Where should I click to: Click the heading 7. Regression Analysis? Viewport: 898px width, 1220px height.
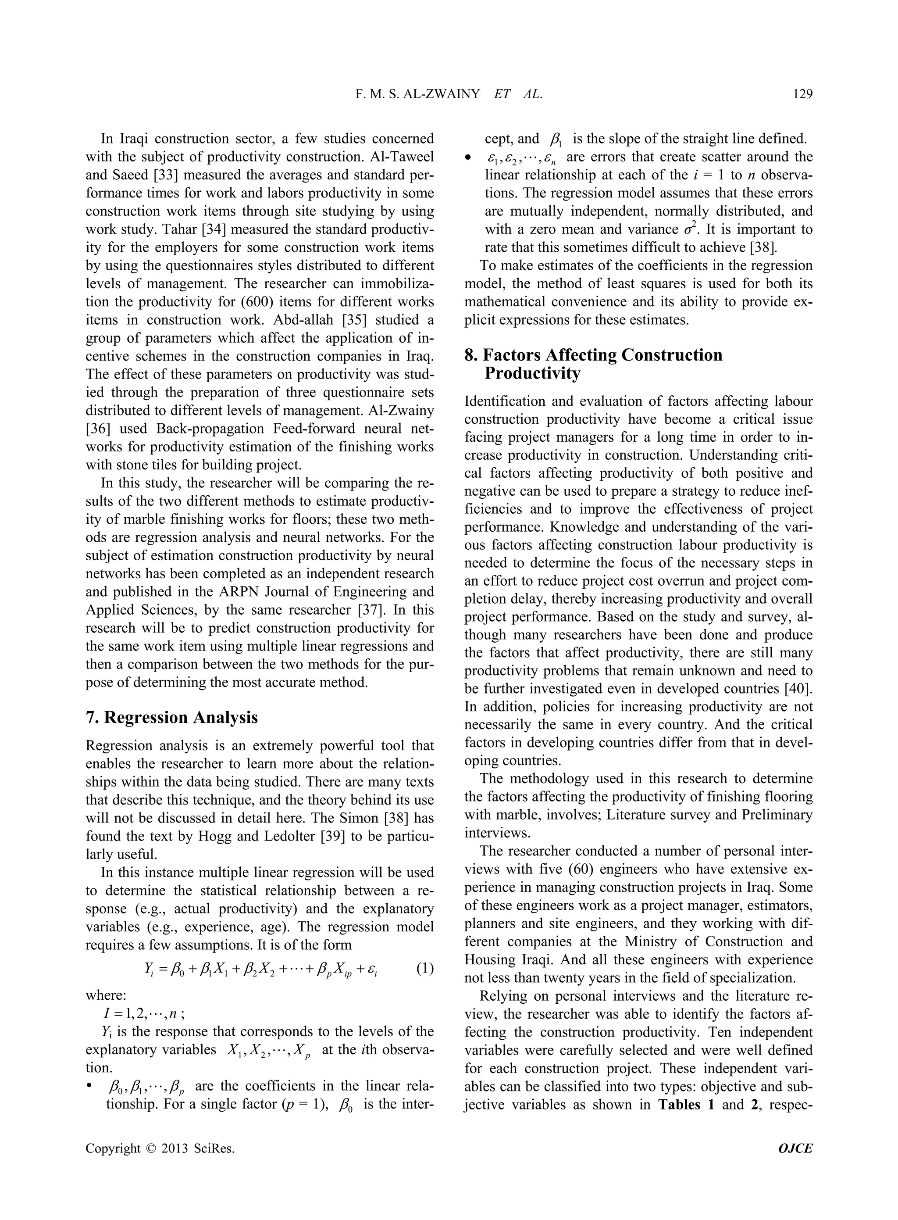(x=172, y=717)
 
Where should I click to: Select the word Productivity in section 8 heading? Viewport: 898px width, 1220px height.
(x=532, y=374)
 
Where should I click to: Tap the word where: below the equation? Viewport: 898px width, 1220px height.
(x=106, y=995)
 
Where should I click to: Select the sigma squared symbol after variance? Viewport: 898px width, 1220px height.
(x=690, y=229)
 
